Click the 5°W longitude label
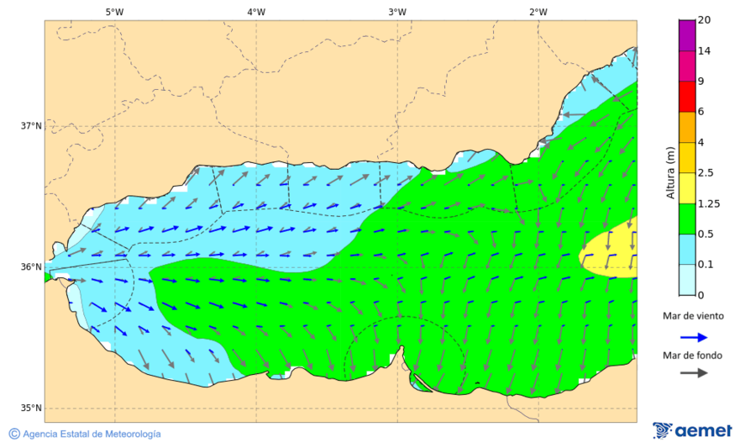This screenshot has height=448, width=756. pos(115,12)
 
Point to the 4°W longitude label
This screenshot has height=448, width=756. pos(256,12)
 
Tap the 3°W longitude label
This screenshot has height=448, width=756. pos(397,12)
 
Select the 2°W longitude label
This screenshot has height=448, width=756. pos(538,12)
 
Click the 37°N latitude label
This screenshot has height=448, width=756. pos(31,126)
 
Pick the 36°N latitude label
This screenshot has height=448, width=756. pos(31,267)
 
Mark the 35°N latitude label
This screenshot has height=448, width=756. pos(31,408)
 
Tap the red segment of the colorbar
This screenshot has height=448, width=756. pos(687,97)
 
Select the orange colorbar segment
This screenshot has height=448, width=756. pos(687,127)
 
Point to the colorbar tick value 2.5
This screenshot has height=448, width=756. pos(706,173)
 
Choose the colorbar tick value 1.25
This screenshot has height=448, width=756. pos(708,203)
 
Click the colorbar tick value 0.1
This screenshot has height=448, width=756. pos(706,265)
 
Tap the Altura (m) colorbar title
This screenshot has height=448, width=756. pos(670,173)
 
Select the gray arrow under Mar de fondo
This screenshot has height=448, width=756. pos(692,373)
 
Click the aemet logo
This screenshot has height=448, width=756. pos(692,430)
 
